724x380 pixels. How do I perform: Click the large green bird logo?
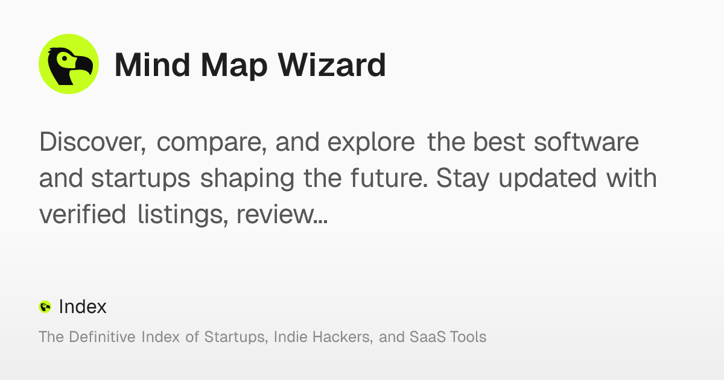[69, 64]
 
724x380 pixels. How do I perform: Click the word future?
[391, 179]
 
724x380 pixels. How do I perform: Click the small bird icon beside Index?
[45, 307]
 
